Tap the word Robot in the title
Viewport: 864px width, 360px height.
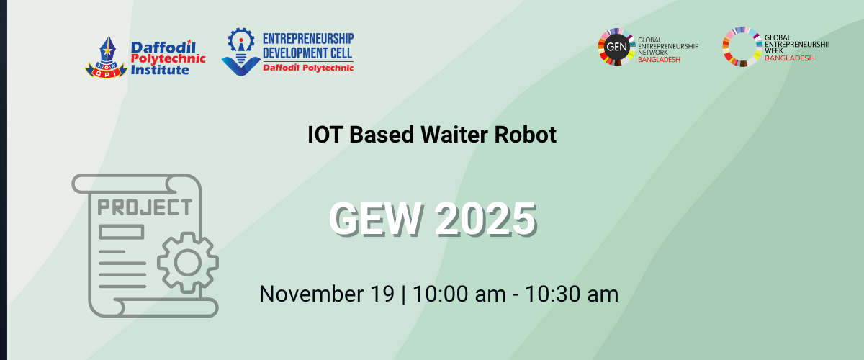pyautogui.click(x=526, y=135)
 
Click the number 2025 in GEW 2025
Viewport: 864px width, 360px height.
pyautogui.click(x=486, y=219)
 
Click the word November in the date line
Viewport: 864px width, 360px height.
pyautogui.click(x=311, y=294)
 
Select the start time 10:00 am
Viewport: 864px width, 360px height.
pyautogui.click(x=459, y=294)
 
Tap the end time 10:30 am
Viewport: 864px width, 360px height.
pyautogui.click(x=572, y=294)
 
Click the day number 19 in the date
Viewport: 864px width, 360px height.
pyautogui.click(x=382, y=294)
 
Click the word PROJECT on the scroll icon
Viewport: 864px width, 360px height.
pyautogui.click(x=145, y=207)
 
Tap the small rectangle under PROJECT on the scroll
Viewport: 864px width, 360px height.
pyautogui.click(x=121, y=233)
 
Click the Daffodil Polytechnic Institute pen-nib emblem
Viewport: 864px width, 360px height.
pyautogui.click(x=106, y=57)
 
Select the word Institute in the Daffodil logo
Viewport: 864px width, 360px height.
pyautogui.click(x=160, y=70)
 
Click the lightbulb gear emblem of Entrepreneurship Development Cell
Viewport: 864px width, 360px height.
pyautogui.click(x=241, y=51)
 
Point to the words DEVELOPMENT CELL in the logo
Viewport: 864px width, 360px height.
pyautogui.click(x=307, y=53)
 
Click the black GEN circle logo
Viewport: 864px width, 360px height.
pyautogui.click(x=616, y=47)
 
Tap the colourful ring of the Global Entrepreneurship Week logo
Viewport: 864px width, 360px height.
pyautogui.click(x=742, y=30)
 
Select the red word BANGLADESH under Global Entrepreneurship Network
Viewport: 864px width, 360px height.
pyautogui.click(x=659, y=60)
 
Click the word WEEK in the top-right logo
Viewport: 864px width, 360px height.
pyautogui.click(x=774, y=51)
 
